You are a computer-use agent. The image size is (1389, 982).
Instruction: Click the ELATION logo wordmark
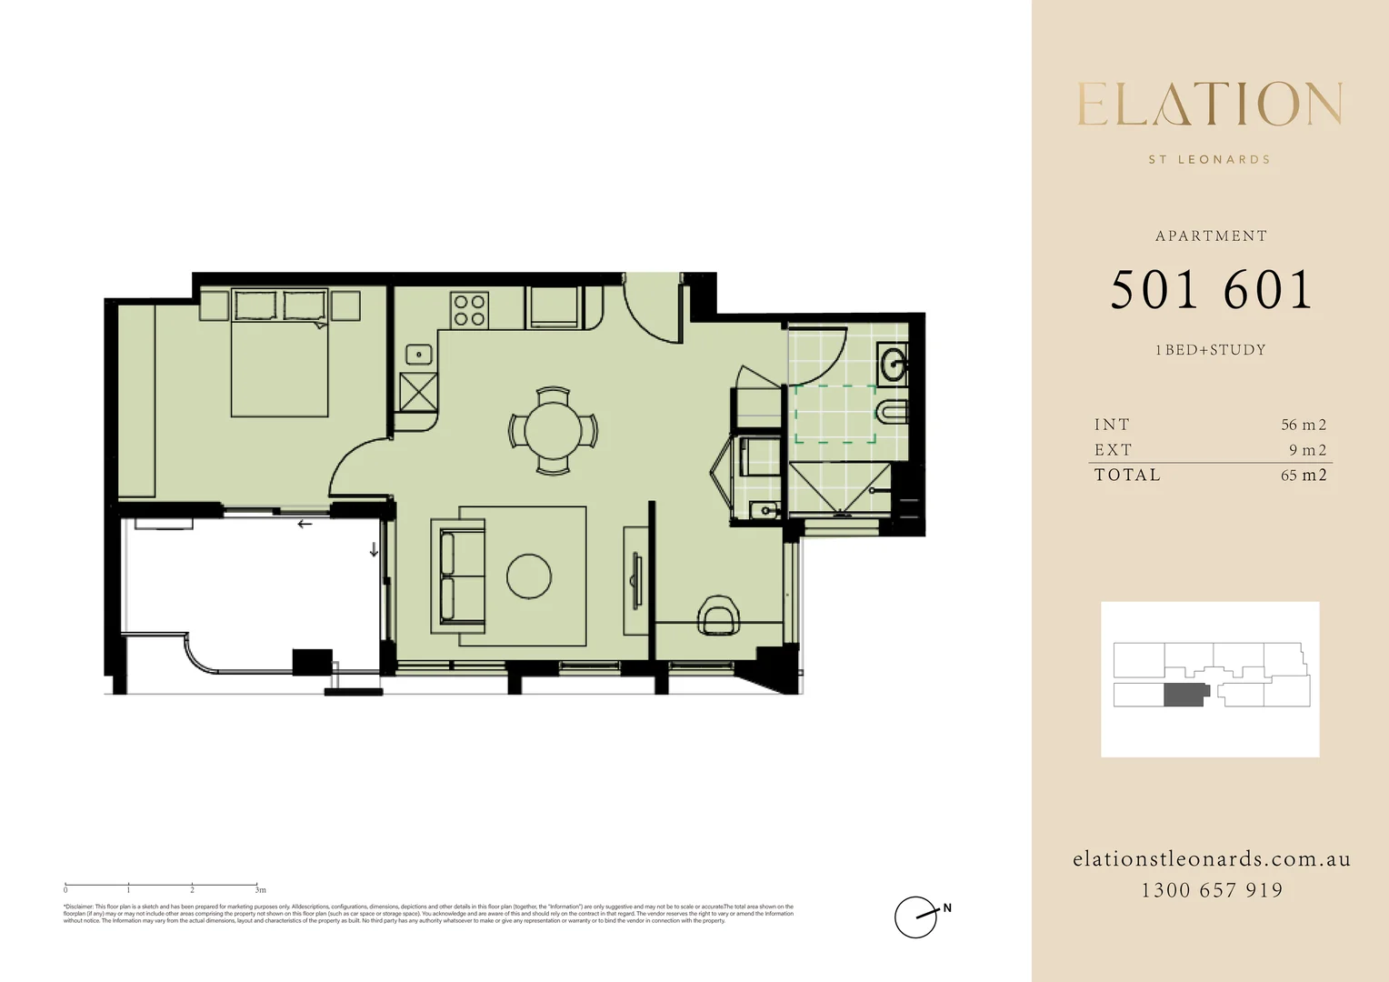1210,105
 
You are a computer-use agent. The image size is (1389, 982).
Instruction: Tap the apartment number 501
1154,291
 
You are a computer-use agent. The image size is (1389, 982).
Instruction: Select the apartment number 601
1268,291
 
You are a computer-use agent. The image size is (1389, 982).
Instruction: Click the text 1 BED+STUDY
1210,350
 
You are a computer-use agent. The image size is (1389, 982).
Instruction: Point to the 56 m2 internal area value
1303,425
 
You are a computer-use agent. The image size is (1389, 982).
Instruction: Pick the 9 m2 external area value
1307,450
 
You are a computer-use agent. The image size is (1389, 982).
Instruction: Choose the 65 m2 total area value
1303,475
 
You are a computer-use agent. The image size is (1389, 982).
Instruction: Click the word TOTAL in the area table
1127,475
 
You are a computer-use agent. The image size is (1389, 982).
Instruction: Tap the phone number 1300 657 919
1212,890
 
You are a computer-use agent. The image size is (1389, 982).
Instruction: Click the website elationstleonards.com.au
1212,859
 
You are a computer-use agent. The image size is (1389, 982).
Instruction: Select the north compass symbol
916,917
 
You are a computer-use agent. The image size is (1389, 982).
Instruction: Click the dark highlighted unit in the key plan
1185,696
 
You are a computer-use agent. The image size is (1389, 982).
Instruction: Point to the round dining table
553,431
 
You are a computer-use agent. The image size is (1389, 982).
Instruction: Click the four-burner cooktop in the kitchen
470,310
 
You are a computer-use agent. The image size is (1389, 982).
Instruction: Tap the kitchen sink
419,355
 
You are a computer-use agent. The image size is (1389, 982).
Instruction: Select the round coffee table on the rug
529,576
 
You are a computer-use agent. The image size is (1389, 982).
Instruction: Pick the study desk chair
719,616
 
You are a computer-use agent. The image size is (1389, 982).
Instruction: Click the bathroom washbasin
893,365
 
